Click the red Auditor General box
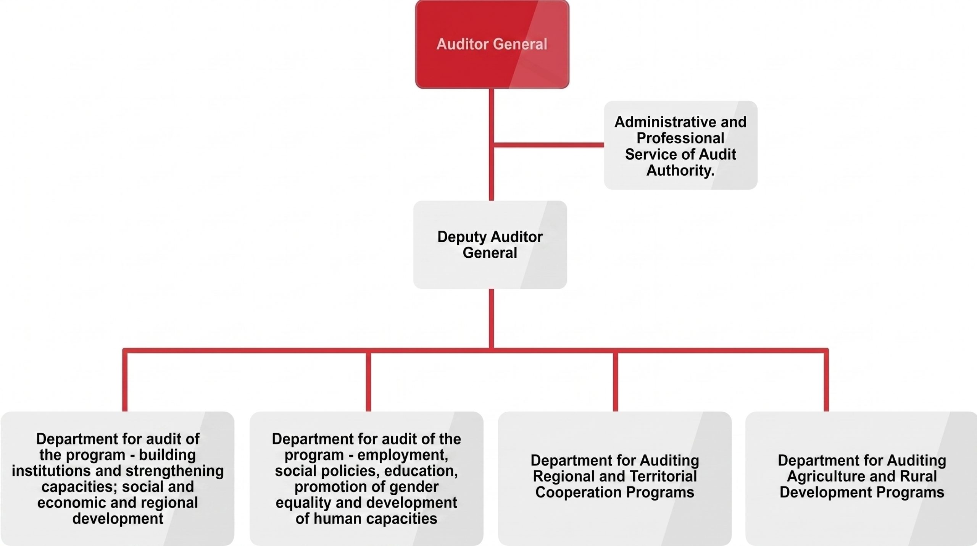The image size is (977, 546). (492, 44)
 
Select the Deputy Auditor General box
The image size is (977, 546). (490, 245)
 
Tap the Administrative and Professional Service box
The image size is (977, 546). (680, 145)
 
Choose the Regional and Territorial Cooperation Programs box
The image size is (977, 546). (615, 478)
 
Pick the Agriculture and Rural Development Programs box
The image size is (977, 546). (861, 478)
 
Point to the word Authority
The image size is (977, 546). (680, 170)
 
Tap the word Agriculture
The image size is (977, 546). (819, 477)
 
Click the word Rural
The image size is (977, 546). (918, 476)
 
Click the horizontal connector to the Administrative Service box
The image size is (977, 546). (549, 145)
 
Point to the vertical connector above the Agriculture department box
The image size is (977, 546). (826, 380)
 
